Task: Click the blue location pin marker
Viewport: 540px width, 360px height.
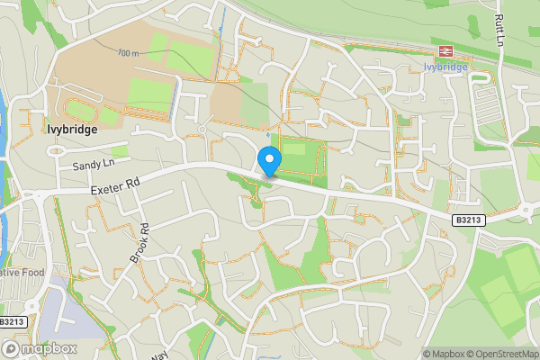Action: pyautogui.click(x=269, y=161)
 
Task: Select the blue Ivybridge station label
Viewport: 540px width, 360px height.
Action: pyautogui.click(x=445, y=66)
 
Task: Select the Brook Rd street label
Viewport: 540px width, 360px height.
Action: pyautogui.click(x=139, y=243)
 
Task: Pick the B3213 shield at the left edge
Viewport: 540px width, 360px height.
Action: pyautogui.click(x=12, y=321)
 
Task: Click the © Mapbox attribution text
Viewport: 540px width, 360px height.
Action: pyautogui.click(x=444, y=353)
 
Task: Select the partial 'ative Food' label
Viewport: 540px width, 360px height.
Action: pyautogui.click(x=22, y=272)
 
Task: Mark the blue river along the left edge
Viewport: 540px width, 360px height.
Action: pyautogui.click(x=4, y=126)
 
